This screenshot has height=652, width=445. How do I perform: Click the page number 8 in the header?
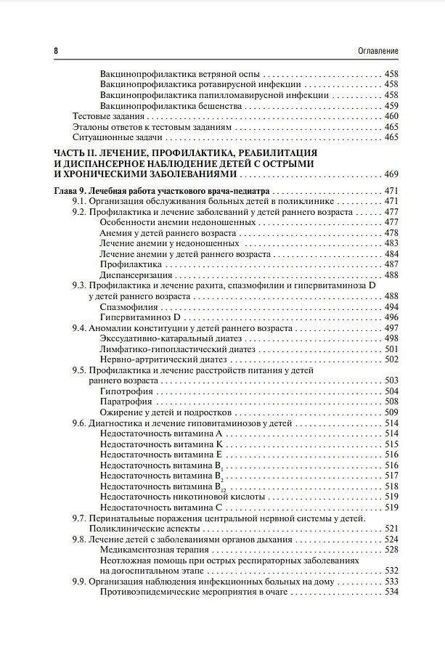click(x=56, y=50)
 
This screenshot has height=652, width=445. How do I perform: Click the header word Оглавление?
click(x=378, y=50)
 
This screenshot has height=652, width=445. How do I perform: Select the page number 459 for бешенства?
click(x=391, y=105)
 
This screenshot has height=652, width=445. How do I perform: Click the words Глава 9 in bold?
click(x=71, y=191)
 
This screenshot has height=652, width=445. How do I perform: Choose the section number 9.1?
click(x=79, y=201)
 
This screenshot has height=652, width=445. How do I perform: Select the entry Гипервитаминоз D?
click(x=139, y=317)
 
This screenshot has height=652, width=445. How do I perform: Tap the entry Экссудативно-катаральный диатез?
click(x=171, y=338)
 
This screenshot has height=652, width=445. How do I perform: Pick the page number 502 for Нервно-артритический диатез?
click(x=391, y=359)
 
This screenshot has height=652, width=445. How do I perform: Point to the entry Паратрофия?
click(x=126, y=402)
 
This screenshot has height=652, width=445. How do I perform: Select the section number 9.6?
click(x=79, y=423)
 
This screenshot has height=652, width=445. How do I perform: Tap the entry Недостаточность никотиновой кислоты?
click(x=182, y=497)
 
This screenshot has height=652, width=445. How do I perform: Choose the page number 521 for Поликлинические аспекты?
click(x=391, y=529)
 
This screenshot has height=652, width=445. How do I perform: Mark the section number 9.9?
click(x=79, y=582)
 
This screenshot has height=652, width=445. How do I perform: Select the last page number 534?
click(x=391, y=592)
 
